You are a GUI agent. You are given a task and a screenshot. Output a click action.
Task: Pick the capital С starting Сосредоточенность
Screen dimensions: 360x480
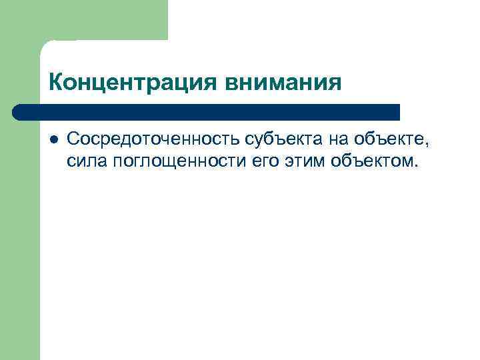[73, 139]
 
